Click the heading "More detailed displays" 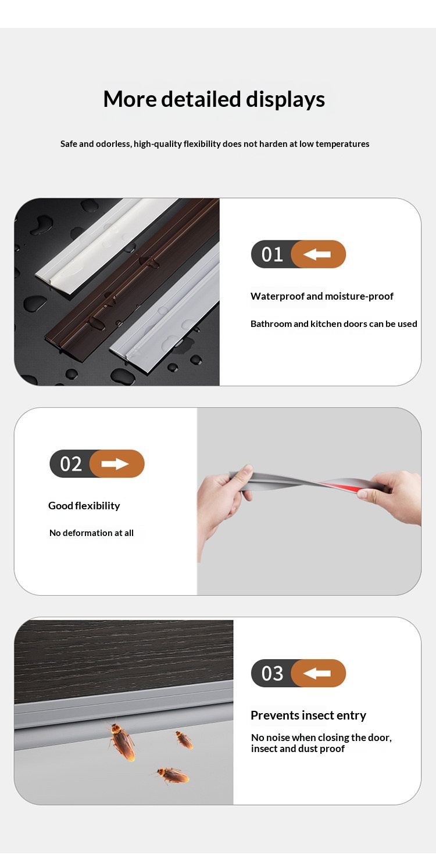coord(214,99)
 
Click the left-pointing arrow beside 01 coord(317,254)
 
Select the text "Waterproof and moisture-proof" coord(322,296)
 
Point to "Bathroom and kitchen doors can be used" coord(334,323)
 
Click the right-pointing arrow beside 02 coord(115,464)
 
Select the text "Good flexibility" coord(84,506)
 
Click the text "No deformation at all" coord(91,533)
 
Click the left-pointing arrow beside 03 coord(317,673)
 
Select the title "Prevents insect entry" coord(308,715)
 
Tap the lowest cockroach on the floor coord(171,775)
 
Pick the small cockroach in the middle coord(184,739)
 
